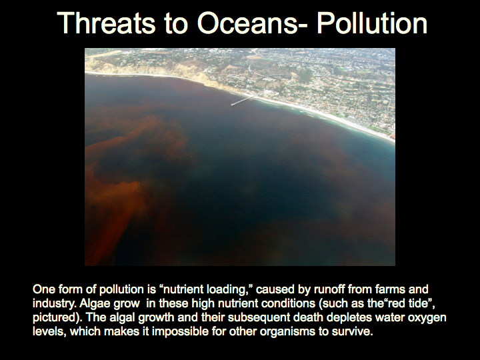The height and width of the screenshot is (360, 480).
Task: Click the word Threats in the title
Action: coord(106,23)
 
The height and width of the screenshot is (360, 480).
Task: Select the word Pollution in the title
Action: coord(372,23)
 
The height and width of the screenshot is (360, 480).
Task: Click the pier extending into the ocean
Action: coord(243,100)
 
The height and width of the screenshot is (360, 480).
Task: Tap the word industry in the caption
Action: coord(54,303)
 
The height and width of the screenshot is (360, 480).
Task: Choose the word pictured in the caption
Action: coord(54,317)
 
